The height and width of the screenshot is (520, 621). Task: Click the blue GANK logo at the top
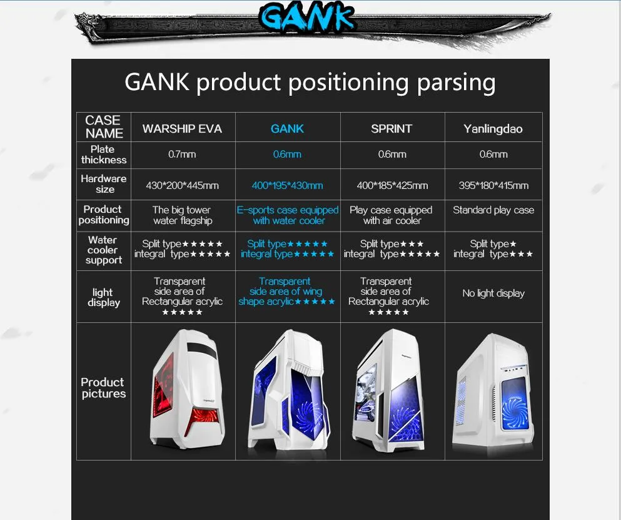307,18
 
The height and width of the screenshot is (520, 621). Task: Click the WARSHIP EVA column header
182,129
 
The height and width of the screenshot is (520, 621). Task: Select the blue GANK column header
287,129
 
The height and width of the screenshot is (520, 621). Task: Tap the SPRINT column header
391,129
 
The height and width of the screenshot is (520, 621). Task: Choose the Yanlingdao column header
493,129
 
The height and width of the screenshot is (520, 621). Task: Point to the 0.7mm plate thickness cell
182,154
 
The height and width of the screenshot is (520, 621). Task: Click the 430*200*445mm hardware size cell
182,185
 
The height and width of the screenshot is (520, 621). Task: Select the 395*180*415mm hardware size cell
493,185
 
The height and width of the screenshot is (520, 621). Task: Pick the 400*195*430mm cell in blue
287,185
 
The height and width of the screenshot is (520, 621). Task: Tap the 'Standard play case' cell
493,210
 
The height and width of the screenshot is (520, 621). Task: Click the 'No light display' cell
493,293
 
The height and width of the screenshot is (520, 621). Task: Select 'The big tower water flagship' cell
182,215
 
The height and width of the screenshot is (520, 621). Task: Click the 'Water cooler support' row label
103,250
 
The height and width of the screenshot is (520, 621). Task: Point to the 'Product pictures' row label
103,388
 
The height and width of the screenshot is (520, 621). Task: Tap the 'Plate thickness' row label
103,155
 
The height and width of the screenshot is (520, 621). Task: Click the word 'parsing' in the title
454,83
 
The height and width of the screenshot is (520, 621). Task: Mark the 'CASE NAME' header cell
104,127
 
